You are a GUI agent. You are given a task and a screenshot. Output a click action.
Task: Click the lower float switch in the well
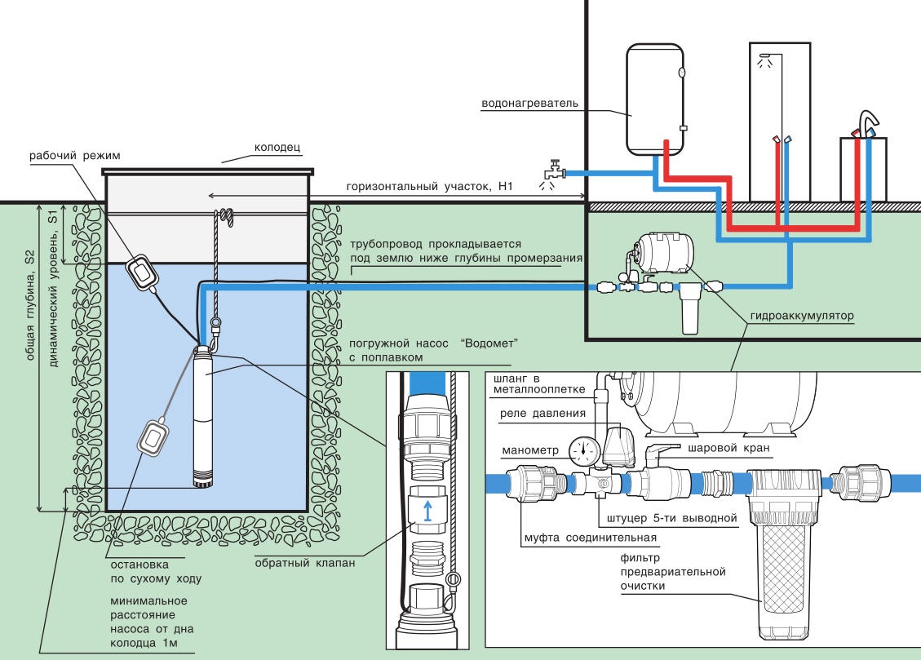(x=153, y=437)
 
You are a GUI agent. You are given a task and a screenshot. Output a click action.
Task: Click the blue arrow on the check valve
(x=425, y=512)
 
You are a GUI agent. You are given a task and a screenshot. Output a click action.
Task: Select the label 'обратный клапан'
(x=304, y=562)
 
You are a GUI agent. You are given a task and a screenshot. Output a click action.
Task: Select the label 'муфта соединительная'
(x=590, y=538)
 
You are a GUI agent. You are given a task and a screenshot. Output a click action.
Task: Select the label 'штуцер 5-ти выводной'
(x=668, y=518)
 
